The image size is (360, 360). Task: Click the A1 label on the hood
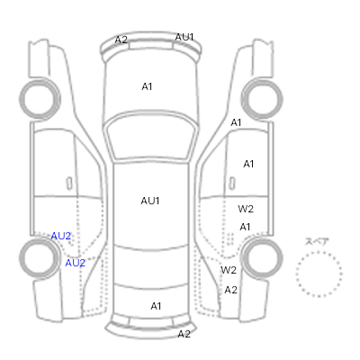click(x=147, y=86)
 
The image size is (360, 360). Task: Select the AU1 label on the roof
click(x=150, y=201)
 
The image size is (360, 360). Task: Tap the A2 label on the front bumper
click(x=121, y=40)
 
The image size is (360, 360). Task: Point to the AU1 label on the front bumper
click(x=184, y=37)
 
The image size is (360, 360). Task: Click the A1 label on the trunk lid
click(x=156, y=306)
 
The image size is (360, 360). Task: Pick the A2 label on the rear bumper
click(x=184, y=334)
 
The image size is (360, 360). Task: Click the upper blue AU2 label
click(x=61, y=236)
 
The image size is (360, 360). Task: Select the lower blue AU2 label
click(x=76, y=263)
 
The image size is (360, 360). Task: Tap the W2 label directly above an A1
click(x=246, y=209)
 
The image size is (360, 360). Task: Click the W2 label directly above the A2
click(x=229, y=270)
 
